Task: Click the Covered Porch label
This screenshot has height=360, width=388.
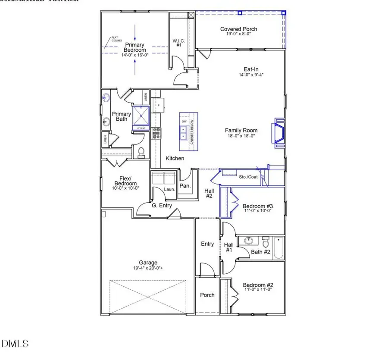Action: (x=238, y=29)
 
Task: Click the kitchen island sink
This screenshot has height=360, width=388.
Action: (x=184, y=133)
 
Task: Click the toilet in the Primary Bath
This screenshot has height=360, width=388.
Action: (x=141, y=151)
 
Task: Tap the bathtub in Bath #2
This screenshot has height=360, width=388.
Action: (x=278, y=248)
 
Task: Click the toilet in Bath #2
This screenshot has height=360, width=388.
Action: (x=265, y=240)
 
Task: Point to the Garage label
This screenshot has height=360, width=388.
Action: (x=148, y=263)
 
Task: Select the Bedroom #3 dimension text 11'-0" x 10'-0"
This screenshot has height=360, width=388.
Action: (x=257, y=211)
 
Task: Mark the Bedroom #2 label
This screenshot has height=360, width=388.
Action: (x=257, y=285)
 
